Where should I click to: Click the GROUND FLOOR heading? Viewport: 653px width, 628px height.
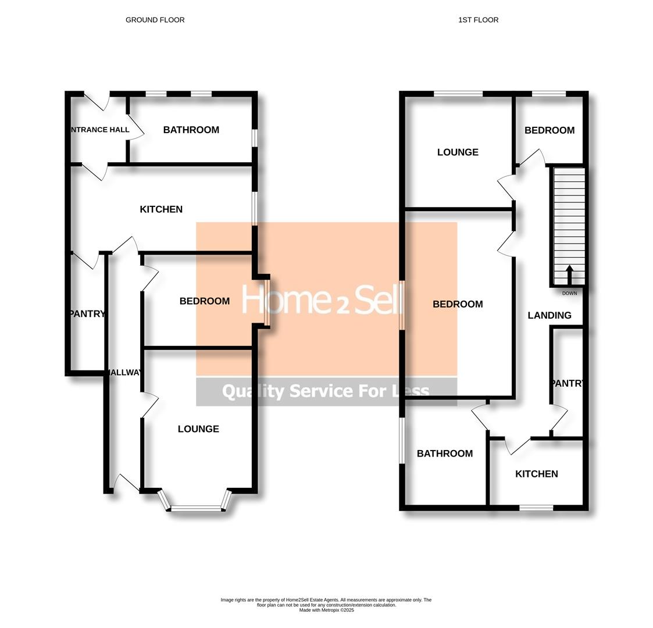pyautogui.click(x=155, y=20)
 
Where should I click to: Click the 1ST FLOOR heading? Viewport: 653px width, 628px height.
pyautogui.click(x=478, y=20)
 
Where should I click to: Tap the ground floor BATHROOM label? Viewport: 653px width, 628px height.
pyautogui.click(x=191, y=130)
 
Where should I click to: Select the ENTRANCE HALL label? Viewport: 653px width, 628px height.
pyautogui.click(x=99, y=130)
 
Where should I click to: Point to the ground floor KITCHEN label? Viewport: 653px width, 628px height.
pyautogui.click(x=161, y=209)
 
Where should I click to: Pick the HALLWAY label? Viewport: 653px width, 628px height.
pyautogui.click(x=124, y=373)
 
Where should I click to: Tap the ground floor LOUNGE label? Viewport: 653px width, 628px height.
pyautogui.click(x=198, y=429)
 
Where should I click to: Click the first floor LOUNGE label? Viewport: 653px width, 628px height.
pyautogui.click(x=458, y=152)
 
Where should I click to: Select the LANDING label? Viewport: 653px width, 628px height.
pyautogui.click(x=549, y=315)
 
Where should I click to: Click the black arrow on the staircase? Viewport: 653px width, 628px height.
pyautogui.click(x=569, y=274)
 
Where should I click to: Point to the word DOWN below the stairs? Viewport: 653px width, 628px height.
pyautogui.click(x=569, y=293)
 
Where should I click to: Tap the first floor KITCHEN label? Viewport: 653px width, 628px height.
pyautogui.click(x=536, y=474)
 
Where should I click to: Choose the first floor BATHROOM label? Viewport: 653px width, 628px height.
pyautogui.click(x=444, y=454)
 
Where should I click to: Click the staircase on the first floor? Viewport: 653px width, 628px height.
pyautogui.click(x=569, y=221)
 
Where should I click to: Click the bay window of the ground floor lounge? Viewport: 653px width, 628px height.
pyautogui.click(x=196, y=508)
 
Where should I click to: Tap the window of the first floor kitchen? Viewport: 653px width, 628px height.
pyautogui.click(x=536, y=508)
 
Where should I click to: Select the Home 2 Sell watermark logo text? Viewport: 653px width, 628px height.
pyautogui.click(x=322, y=301)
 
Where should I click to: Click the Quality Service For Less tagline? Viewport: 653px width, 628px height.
pyautogui.click(x=326, y=391)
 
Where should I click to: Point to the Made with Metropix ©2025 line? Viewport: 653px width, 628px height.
pyautogui.click(x=326, y=610)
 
